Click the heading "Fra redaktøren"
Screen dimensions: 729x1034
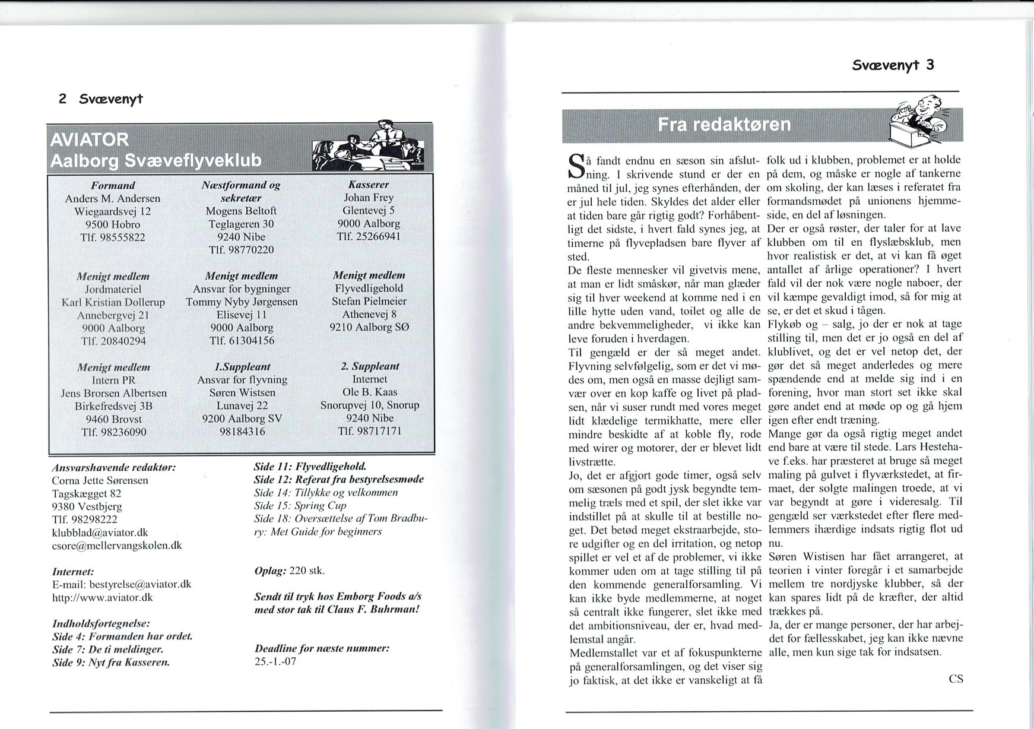tap(724, 125)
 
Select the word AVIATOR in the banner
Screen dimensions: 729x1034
tap(89, 140)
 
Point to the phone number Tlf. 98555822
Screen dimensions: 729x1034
tap(113, 237)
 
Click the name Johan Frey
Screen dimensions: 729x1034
tap(368, 198)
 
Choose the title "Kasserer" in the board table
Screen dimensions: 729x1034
tap(368, 185)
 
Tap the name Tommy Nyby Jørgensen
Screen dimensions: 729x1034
tap(242, 302)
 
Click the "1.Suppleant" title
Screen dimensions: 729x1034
tap(242, 367)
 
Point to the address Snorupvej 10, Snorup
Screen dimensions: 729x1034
tap(369, 405)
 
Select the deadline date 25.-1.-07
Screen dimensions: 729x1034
tap(275, 661)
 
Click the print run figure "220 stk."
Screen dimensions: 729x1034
tap(306, 571)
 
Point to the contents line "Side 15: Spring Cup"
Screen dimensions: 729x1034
tap(300, 506)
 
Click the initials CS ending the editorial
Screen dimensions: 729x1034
tap(955, 679)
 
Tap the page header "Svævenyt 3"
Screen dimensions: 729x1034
tap(893, 65)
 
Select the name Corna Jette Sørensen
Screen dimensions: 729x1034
tap(100, 480)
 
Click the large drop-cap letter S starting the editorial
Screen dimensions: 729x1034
tap(576, 167)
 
